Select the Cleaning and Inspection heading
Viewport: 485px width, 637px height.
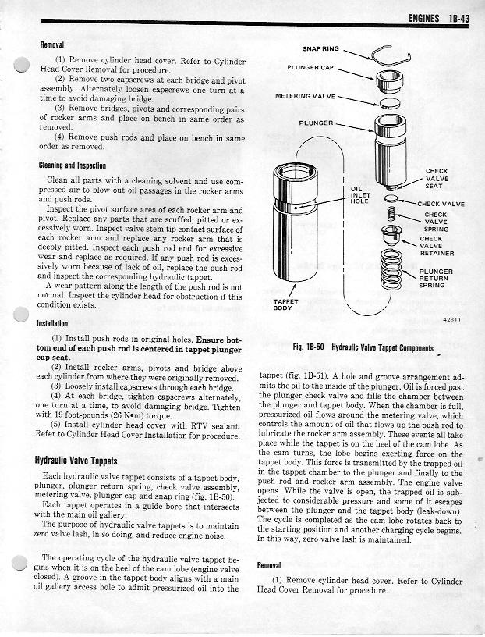(x=75, y=165)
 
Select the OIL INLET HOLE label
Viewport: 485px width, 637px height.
(x=359, y=194)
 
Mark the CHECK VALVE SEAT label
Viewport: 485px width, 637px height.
(x=436, y=178)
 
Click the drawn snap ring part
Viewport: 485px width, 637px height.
(x=387, y=54)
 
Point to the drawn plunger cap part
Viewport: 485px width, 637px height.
(x=387, y=79)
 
